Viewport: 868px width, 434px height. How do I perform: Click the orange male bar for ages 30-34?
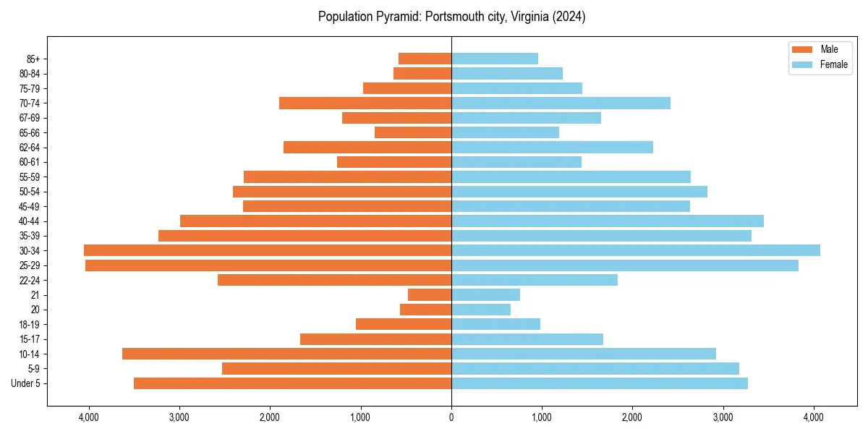pyautogui.click(x=268, y=250)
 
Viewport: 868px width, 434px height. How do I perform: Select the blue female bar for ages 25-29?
pyautogui.click(x=625, y=265)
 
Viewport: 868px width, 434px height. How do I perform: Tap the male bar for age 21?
pyautogui.click(x=430, y=295)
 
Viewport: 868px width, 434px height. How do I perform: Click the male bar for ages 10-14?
pyautogui.click(x=286, y=354)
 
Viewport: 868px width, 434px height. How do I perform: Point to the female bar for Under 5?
pyautogui.click(x=600, y=383)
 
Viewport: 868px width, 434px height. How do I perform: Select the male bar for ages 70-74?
pyautogui.click(x=365, y=103)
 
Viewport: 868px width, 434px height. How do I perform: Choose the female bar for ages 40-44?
pyautogui.click(x=608, y=221)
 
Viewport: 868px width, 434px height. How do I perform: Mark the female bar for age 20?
pyautogui.click(x=481, y=310)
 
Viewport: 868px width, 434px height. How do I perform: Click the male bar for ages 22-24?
pyautogui.click(x=334, y=280)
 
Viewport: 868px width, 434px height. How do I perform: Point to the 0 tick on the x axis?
pyautogui.click(x=451, y=417)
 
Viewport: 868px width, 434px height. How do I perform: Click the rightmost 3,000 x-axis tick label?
pyautogui.click(x=723, y=417)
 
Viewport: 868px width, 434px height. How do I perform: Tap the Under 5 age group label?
pyautogui.click(x=26, y=383)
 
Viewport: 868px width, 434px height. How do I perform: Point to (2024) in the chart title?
pyautogui.click(x=569, y=17)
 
